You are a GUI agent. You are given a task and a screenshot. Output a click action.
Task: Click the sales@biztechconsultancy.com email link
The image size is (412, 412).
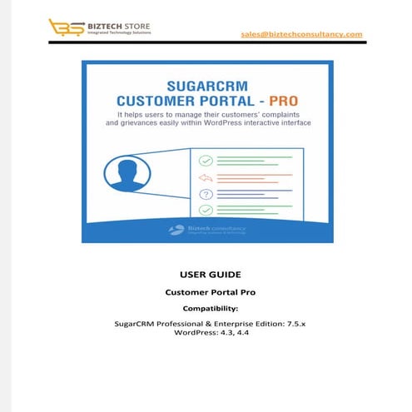tap(302, 34)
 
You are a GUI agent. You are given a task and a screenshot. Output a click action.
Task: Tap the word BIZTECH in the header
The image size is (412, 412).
tap(102, 26)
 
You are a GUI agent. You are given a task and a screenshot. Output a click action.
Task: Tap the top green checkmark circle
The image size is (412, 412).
tap(205, 159)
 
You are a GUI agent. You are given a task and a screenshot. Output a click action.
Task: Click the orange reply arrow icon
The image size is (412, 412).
tap(205, 176)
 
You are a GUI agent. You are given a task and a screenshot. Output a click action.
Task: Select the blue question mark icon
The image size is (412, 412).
tap(205, 193)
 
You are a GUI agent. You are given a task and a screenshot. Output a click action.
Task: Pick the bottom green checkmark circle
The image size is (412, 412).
tap(205, 210)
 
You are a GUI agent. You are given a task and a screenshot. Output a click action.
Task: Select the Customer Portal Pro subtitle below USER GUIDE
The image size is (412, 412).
tap(206, 292)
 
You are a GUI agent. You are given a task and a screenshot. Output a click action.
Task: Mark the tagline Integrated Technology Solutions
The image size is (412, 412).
tap(117, 33)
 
